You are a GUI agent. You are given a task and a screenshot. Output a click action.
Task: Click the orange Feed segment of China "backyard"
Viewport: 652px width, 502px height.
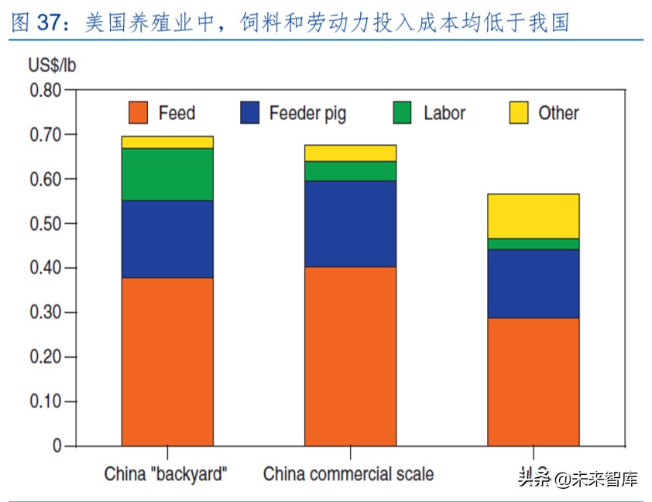(167, 361)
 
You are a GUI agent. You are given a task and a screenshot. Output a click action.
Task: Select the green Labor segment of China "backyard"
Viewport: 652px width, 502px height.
(167, 174)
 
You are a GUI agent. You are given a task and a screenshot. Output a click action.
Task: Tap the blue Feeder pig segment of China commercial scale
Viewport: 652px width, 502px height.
(350, 224)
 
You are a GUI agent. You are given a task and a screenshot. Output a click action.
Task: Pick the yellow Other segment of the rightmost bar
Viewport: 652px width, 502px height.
(533, 216)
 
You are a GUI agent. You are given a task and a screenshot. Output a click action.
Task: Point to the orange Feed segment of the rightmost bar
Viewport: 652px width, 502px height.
(533, 381)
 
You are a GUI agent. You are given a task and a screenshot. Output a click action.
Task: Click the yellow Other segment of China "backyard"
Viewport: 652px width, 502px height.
(167, 143)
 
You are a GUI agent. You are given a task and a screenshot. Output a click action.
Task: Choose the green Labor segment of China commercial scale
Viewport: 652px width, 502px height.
(350, 171)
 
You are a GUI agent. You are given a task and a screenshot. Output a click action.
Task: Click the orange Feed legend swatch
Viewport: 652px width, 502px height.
(139, 113)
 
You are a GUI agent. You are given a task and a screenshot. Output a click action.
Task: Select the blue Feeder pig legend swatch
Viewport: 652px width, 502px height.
(251, 113)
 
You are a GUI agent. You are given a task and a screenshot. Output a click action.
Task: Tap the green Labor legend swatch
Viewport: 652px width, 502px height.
(403, 113)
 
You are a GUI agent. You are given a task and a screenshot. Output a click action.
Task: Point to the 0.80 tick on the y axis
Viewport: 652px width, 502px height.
(45, 90)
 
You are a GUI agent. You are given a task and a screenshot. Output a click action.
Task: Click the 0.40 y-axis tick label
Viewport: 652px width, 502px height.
(45, 268)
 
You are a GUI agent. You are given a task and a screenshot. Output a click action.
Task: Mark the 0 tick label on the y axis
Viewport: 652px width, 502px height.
(57, 446)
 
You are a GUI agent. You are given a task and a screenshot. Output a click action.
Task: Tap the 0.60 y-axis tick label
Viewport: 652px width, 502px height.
(45, 179)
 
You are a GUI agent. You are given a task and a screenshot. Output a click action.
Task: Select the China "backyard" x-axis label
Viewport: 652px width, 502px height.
(166, 473)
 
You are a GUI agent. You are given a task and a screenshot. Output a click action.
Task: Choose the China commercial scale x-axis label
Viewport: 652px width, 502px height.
(348, 473)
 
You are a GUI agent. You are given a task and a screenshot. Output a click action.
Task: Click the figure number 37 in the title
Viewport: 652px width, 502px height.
(48, 23)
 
